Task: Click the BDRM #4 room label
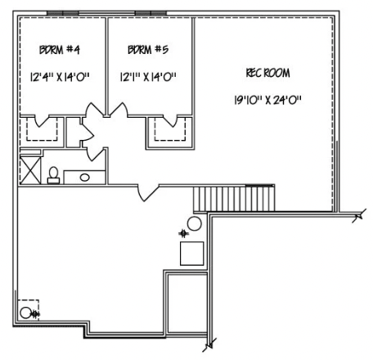tap(59, 51)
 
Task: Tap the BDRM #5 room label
tap(148, 51)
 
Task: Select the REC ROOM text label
tap(267, 73)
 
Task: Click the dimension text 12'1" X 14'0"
tap(148, 77)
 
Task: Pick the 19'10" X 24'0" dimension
tap(267, 101)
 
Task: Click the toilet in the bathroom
tap(53, 174)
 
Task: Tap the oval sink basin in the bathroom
tap(84, 176)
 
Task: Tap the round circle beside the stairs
tap(195, 224)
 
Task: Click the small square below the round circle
tap(191, 253)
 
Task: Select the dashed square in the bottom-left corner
tap(29, 309)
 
